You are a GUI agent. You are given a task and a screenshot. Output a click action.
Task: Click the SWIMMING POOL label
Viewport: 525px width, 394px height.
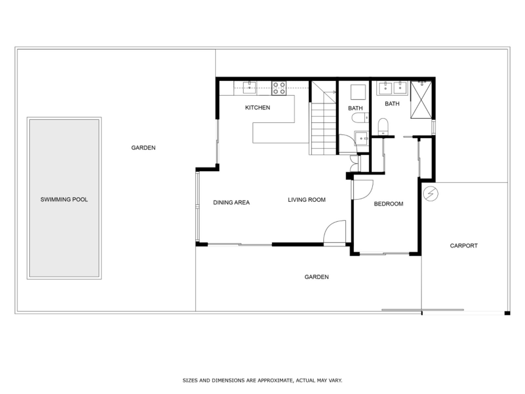pyautogui.click(x=64, y=199)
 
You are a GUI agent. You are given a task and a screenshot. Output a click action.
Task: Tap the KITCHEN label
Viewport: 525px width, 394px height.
pyautogui.click(x=258, y=108)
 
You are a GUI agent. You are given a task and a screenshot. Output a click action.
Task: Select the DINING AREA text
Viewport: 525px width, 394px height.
pyautogui.click(x=231, y=203)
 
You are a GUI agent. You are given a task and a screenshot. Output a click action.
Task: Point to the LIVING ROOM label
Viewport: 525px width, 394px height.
pyautogui.click(x=306, y=200)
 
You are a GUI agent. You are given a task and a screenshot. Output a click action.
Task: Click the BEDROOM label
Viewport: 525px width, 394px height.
pyautogui.click(x=388, y=204)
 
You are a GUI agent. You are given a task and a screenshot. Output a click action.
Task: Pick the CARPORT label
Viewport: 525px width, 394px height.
pyautogui.click(x=464, y=246)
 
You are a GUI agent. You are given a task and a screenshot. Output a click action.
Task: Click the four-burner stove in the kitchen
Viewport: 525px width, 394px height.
pyautogui.click(x=279, y=88)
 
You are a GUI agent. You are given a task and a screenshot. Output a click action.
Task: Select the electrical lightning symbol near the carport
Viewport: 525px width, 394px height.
pyautogui.click(x=430, y=194)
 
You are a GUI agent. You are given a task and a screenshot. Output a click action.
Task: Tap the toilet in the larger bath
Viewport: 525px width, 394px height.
pyautogui.click(x=383, y=126)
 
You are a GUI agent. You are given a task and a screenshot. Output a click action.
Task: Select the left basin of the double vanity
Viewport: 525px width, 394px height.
pyautogui.click(x=385, y=88)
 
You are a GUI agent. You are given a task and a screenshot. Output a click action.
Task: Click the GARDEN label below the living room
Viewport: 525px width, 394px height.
pyautogui.click(x=316, y=277)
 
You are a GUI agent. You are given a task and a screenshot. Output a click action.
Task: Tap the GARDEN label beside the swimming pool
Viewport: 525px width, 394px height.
pyautogui.click(x=143, y=148)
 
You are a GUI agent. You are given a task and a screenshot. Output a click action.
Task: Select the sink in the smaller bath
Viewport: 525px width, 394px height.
pyautogui.click(x=362, y=138)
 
